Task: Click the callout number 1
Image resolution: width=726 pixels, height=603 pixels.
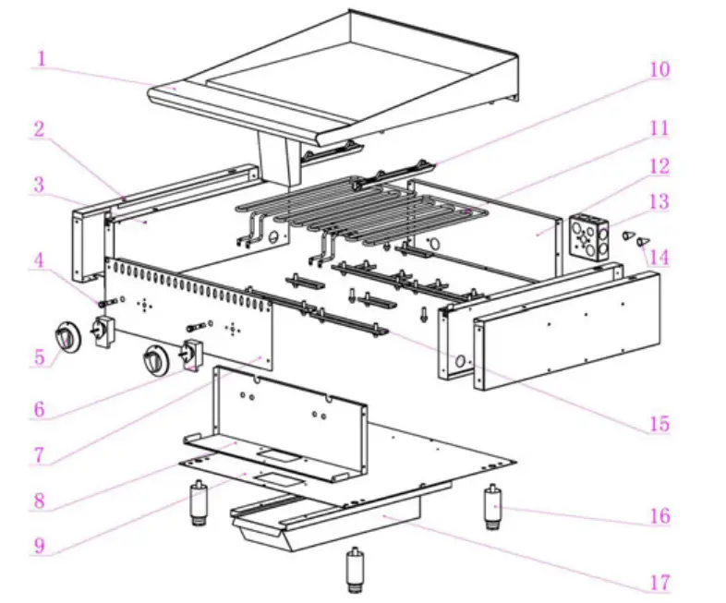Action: pyautogui.click(x=40, y=59)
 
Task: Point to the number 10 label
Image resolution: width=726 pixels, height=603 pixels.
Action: pyautogui.click(x=659, y=70)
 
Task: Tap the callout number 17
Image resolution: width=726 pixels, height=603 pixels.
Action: pyautogui.click(x=659, y=583)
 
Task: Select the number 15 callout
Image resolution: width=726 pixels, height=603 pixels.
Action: pyautogui.click(x=659, y=424)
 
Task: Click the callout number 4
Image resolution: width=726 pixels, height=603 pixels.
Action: pyautogui.click(x=39, y=261)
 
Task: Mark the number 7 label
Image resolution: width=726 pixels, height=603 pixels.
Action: pyautogui.click(x=39, y=455)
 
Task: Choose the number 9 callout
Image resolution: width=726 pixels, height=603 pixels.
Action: pyautogui.click(x=39, y=545)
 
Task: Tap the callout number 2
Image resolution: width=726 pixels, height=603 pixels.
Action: pyautogui.click(x=39, y=129)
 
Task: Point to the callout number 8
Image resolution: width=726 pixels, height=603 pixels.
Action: pyautogui.click(x=39, y=501)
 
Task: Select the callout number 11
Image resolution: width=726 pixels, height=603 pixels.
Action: pyautogui.click(x=659, y=128)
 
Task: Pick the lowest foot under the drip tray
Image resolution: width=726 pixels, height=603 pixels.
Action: pyautogui.click(x=354, y=570)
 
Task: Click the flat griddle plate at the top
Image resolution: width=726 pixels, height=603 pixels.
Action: pyautogui.click(x=351, y=78)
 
